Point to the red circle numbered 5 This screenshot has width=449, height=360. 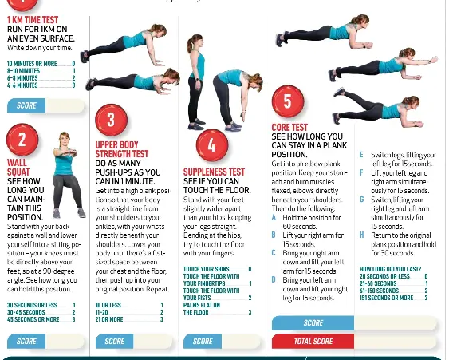pyautogui.click(x=287, y=101)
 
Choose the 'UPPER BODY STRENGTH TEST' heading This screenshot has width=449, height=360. pyautogui.click(x=121, y=149)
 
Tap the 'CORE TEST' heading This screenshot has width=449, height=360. pyautogui.click(x=289, y=127)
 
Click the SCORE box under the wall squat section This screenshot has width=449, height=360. pyautogui.click(x=26, y=341)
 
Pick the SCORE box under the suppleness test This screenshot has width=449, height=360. pyautogui.click(x=203, y=341)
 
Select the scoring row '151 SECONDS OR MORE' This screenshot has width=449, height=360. pyautogui.click(x=387, y=298)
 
